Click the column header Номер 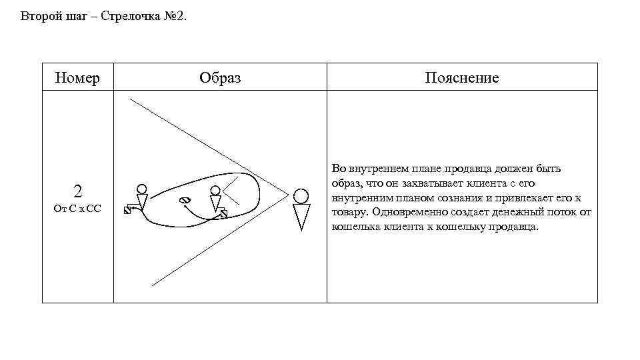[x=78, y=78]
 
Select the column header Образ [x=220, y=78]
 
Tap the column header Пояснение [x=462, y=78]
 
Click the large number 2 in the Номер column [x=78, y=192]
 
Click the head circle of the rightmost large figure [x=301, y=195]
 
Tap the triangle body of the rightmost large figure [x=301, y=216]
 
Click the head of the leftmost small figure [x=141, y=189]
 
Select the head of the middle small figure [x=215, y=191]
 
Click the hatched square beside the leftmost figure [x=127, y=210]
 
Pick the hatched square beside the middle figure [x=224, y=213]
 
